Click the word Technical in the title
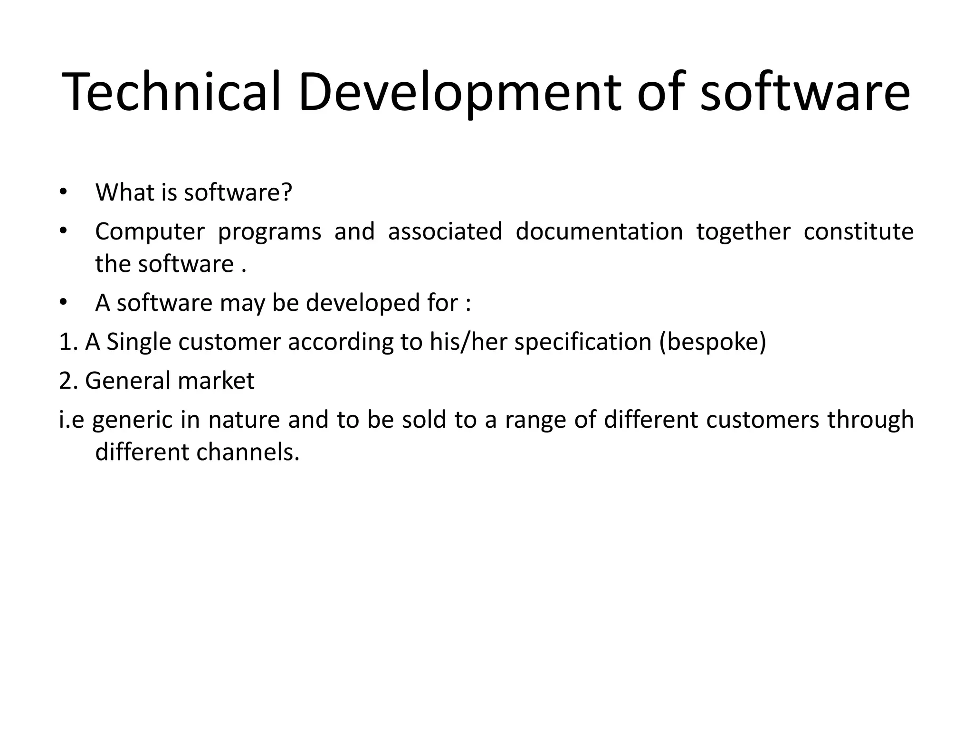coord(172,91)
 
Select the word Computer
coord(150,231)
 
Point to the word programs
coord(269,231)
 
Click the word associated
coord(445,231)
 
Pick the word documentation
coord(599,231)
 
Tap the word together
coord(744,231)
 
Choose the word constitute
coord(859,231)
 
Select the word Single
coord(139,343)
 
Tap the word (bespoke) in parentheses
coord(713,343)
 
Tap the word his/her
coord(468,343)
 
